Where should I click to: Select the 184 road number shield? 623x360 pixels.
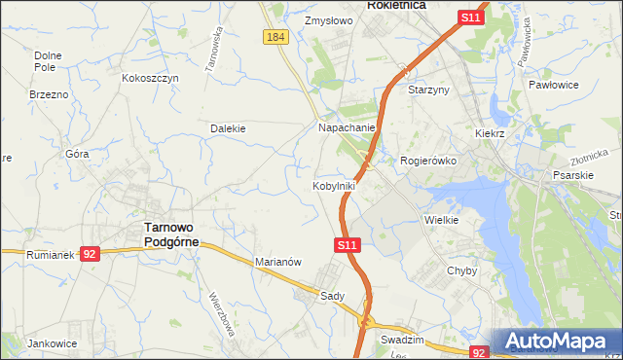pyautogui.click(x=275, y=36)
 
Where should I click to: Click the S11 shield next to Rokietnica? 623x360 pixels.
pyautogui.click(x=471, y=18)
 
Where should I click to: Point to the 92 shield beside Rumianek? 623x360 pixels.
pyautogui.click(x=90, y=254)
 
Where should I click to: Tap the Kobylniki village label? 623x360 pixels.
pyautogui.click(x=334, y=185)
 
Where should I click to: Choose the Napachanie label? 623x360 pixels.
pyautogui.click(x=348, y=127)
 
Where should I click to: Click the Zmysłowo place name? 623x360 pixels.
pyautogui.click(x=327, y=19)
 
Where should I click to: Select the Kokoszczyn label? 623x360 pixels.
pyautogui.click(x=150, y=78)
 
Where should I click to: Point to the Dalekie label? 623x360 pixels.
pyautogui.click(x=228, y=127)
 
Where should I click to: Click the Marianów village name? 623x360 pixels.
pyautogui.click(x=279, y=262)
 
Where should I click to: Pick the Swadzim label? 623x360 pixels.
pyautogui.click(x=403, y=341)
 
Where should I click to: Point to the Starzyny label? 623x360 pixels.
pyautogui.click(x=428, y=90)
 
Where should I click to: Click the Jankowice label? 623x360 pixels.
pyautogui.click(x=53, y=343)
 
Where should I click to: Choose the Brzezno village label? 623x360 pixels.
pyautogui.click(x=49, y=94)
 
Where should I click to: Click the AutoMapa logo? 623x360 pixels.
pyautogui.click(x=559, y=342)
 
